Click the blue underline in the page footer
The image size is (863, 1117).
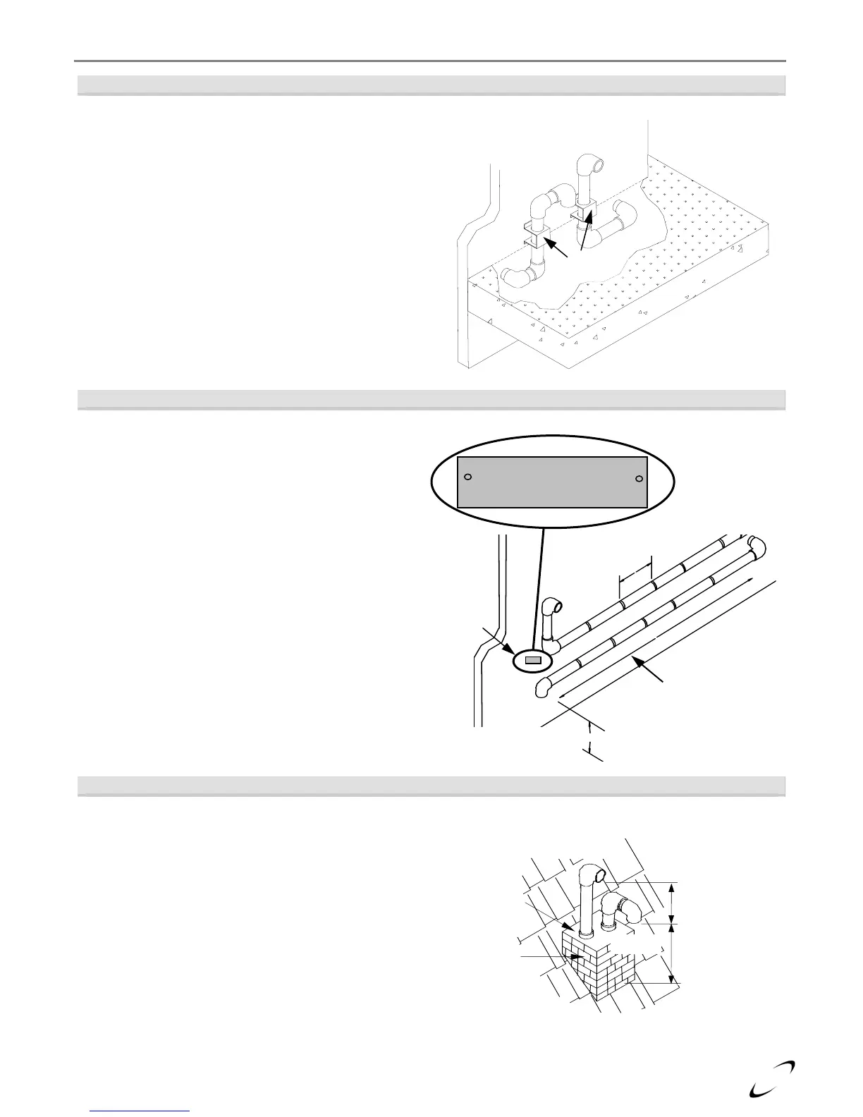point(141,1111)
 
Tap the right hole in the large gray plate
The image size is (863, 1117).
point(639,479)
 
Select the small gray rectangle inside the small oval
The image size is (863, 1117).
point(533,661)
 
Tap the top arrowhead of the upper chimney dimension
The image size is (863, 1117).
point(672,886)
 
